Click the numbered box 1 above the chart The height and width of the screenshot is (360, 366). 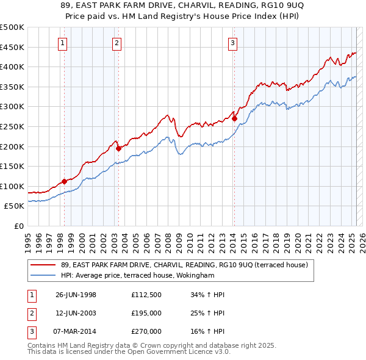coord(63,43)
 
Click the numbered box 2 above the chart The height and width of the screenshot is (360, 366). coord(117,43)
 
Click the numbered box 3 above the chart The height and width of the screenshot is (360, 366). coord(233,43)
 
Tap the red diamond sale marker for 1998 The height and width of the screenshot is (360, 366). coord(64,181)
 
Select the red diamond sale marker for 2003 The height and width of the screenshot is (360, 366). coord(118,148)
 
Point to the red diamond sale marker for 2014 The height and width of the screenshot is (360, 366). coord(234,119)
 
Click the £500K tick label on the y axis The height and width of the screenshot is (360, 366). coord(12,27)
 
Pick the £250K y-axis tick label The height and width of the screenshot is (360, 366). coord(12,126)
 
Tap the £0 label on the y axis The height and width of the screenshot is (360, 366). coord(20,226)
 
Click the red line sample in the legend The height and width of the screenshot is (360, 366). coord(43,265)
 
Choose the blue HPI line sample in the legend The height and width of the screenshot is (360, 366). coord(43,275)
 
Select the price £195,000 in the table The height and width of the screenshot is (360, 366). coord(146,313)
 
